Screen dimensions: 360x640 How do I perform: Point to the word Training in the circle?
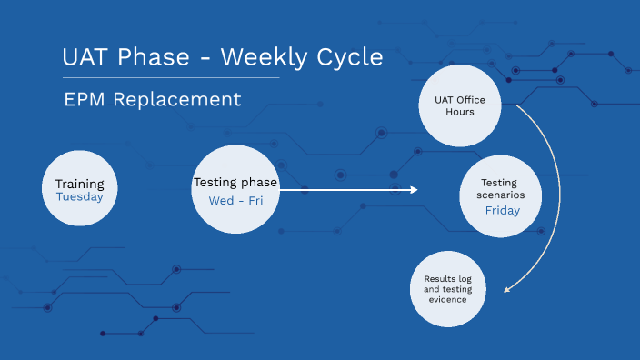coord(79,184)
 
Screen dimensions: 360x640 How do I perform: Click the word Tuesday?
coord(79,196)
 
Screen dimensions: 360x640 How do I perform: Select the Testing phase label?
coord(235,183)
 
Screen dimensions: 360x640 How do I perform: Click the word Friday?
coord(502,211)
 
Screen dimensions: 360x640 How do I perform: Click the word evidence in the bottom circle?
coord(448,299)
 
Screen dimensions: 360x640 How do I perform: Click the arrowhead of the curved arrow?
coord(507,289)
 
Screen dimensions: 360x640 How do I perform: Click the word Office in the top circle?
coord(472,100)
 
